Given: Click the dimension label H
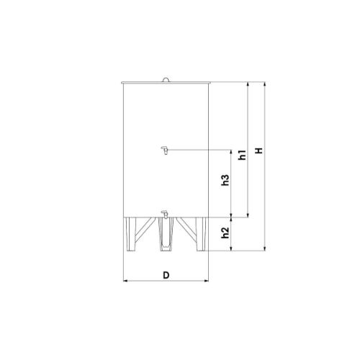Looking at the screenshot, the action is click(x=259, y=150).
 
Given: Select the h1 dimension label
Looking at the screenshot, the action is click(x=243, y=155).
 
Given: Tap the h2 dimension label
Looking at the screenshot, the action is click(x=225, y=233).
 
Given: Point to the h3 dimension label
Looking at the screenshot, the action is click(x=225, y=180).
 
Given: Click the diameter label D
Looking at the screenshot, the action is click(x=166, y=275).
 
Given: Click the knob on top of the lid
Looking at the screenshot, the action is click(x=166, y=80).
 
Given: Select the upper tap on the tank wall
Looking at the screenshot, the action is click(x=165, y=150).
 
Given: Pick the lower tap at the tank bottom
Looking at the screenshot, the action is click(x=165, y=215).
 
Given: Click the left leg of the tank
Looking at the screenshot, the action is click(x=131, y=234).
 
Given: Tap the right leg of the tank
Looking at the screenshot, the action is click(x=201, y=234).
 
